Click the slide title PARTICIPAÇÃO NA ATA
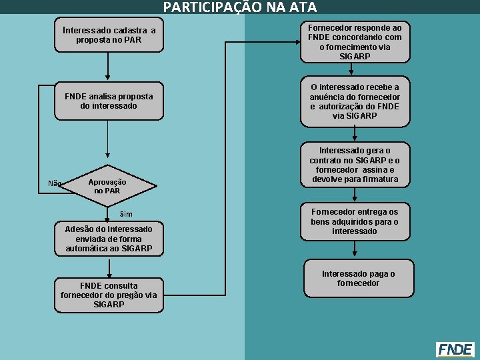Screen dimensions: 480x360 coord(240,7)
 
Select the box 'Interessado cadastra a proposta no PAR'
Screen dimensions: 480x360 coord(109,35)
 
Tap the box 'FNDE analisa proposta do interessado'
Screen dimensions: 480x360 coord(109,101)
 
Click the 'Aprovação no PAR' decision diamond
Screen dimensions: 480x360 coord(107,186)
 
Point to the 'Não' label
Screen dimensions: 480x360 coord(55,183)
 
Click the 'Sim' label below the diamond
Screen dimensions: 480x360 coord(126,214)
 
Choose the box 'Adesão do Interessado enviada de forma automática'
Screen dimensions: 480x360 coord(109,239)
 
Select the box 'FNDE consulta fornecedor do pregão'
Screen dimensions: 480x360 coord(109,295)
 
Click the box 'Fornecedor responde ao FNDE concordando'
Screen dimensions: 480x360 coord(355,42)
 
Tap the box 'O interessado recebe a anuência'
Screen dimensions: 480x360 coord(355,101)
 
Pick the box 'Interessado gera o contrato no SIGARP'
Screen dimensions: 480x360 coord(355,165)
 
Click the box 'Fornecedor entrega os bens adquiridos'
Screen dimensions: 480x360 coord(355,221)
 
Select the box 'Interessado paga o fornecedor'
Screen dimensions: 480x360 coord(355,278)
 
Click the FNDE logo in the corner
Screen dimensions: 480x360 coord(455,349)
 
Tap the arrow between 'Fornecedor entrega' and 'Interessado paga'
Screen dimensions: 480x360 coord(355,249)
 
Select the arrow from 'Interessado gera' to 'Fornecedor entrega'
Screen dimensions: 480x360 coord(355,195)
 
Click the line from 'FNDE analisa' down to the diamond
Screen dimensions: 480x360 coord(108,141)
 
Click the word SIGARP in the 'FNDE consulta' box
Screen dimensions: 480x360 coord(109,304)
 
